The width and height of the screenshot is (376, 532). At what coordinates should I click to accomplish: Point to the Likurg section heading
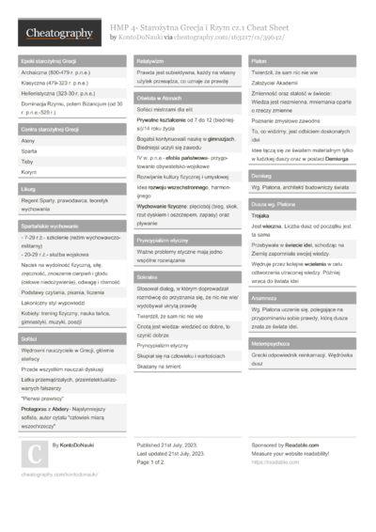point(28,189)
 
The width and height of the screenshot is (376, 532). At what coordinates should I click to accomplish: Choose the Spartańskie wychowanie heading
point(48,227)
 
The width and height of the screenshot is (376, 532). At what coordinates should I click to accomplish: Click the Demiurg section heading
point(263,175)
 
